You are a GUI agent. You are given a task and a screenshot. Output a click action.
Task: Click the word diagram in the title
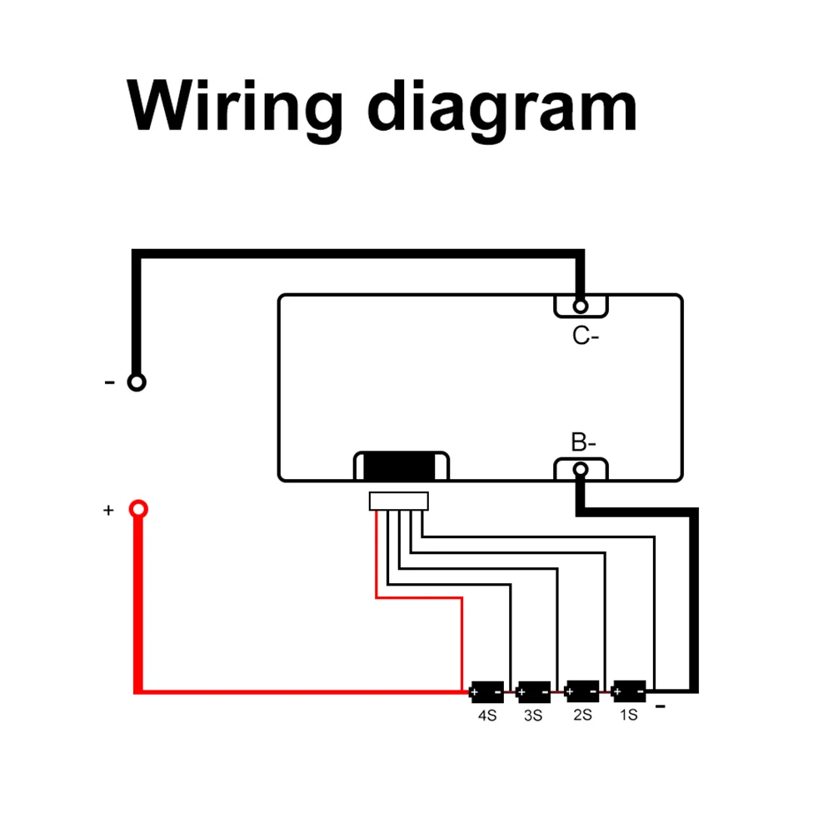[502, 107]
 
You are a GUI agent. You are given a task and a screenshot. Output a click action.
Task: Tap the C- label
[585, 336]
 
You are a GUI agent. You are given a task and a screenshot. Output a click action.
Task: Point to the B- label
[583, 442]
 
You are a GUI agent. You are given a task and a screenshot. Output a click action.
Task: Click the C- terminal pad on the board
[581, 306]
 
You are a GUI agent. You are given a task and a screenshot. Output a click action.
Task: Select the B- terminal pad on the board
[581, 469]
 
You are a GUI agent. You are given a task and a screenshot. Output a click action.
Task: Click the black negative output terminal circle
[137, 382]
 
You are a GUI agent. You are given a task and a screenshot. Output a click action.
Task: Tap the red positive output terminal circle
[138, 508]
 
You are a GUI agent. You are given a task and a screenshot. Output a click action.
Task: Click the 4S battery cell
[486, 691]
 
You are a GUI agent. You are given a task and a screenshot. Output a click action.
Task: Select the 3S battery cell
[534, 691]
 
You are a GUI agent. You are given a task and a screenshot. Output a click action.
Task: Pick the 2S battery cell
[581, 691]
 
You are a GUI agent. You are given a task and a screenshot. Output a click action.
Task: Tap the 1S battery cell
[629, 691]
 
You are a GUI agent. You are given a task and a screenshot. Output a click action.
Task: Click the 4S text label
[486, 716]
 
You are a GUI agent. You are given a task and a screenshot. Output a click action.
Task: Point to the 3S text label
[533, 716]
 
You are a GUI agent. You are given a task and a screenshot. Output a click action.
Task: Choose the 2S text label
[581, 715]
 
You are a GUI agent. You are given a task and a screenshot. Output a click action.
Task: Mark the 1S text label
[628, 715]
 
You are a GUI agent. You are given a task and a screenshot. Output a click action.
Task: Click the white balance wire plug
[398, 501]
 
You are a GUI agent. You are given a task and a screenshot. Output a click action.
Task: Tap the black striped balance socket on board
[402, 466]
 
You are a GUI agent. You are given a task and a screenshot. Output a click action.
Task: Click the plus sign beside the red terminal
[107, 510]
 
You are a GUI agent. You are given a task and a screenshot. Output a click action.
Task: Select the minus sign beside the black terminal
[109, 382]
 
